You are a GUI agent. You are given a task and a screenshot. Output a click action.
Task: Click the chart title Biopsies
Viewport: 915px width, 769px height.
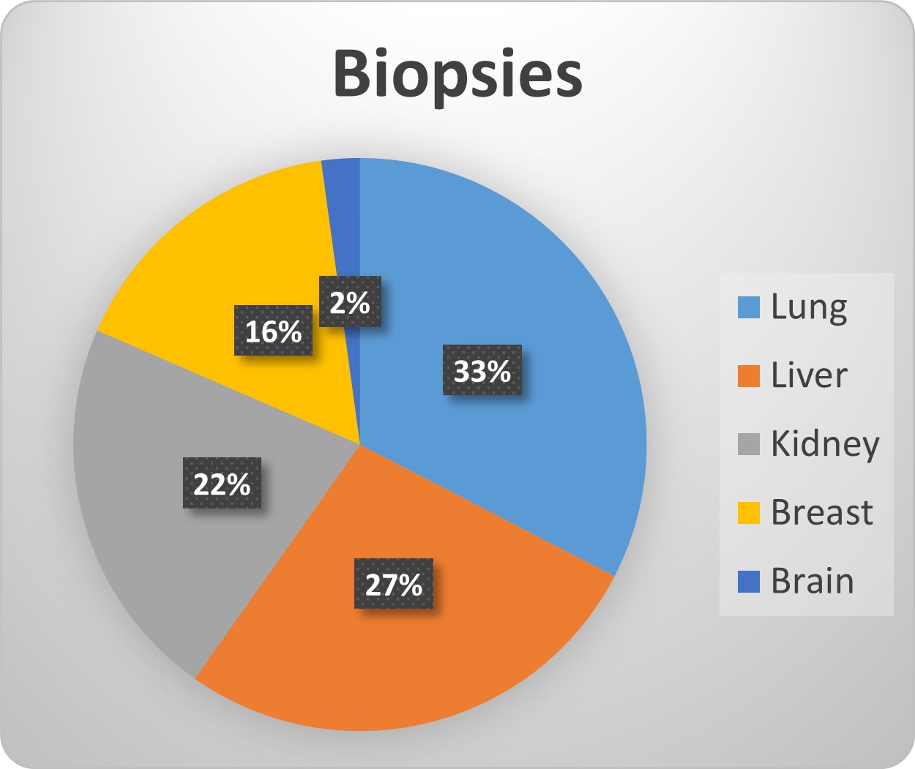click(x=458, y=75)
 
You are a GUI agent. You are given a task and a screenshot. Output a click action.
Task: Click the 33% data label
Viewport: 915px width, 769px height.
click(x=482, y=370)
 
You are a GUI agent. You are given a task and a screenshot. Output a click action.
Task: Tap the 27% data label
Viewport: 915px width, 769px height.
click(x=394, y=584)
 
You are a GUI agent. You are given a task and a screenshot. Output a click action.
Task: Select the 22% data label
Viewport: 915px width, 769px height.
click(x=222, y=484)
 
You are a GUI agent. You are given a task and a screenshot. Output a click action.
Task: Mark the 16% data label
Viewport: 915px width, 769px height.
click(x=274, y=331)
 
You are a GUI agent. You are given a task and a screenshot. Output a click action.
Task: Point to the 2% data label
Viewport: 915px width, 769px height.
click(x=350, y=301)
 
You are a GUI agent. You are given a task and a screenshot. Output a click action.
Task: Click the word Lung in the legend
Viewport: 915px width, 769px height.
click(x=809, y=308)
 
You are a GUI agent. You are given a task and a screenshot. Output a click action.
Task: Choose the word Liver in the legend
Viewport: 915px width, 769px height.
click(x=809, y=375)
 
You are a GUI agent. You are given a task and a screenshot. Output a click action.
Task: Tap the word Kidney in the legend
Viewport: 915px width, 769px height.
click(x=825, y=445)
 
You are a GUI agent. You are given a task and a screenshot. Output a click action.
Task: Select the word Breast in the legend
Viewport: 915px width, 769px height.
click(x=822, y=512)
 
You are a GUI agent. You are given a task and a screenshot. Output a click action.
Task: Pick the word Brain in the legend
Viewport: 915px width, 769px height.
click(x=813, y=581)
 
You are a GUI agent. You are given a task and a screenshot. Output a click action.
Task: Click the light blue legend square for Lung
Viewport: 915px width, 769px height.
click(x=749, y=307)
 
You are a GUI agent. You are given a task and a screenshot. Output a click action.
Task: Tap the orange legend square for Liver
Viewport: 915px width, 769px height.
click(x=749, y=376)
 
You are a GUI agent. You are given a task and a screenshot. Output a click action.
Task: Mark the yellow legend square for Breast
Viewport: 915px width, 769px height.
click(x=749, y=513)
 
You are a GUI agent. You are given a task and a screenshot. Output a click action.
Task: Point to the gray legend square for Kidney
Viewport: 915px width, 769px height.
click(x=749, y=444)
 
